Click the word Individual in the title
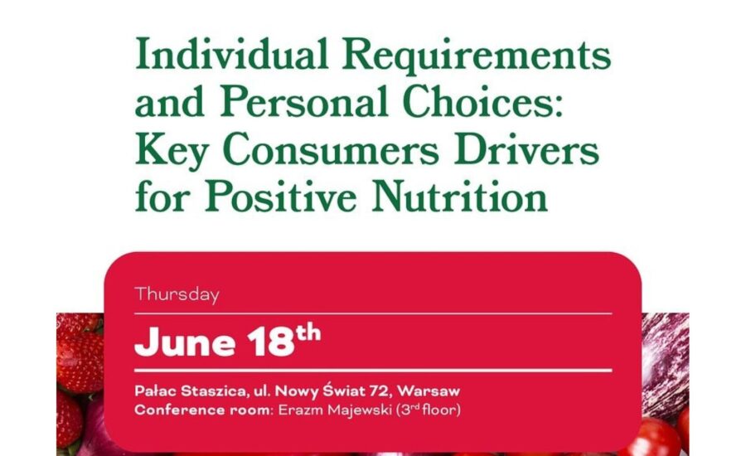(232, 53)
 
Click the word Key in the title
(172, 152)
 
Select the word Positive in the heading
(281, 196)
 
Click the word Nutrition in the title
(459, 196)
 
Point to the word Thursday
(177, 294)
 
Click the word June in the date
(185, 342)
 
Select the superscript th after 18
(308, 332)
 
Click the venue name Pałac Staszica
(191, 391)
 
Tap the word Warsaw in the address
(429, 391)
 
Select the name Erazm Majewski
(335, 410)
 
